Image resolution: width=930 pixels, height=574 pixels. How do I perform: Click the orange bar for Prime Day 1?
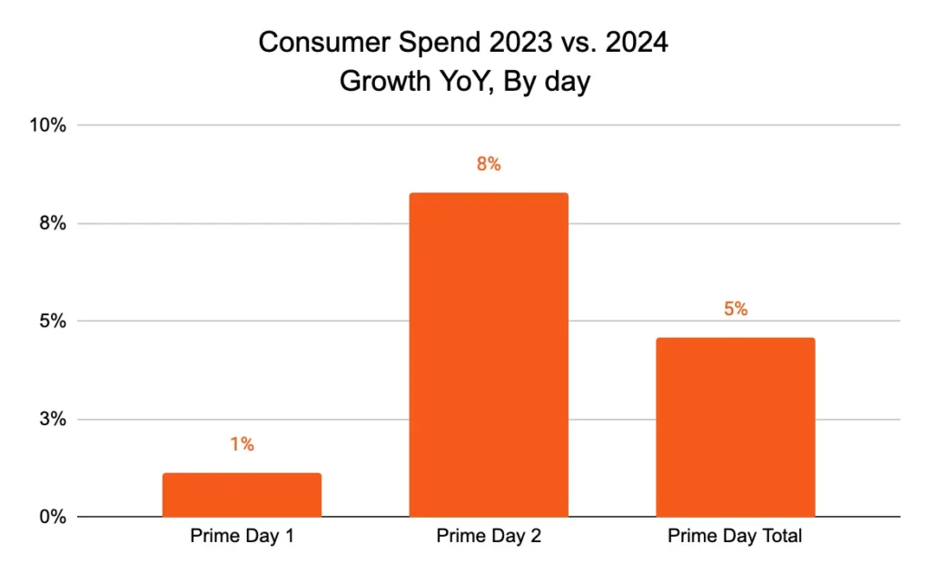click(242, 495)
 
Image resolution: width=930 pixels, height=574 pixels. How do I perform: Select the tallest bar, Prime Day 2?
click(489, 354)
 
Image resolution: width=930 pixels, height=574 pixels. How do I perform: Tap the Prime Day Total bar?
click(736, 427)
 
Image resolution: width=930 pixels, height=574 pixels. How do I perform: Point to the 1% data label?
click(242, 444)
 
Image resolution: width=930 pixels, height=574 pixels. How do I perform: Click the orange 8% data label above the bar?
click(489, 164)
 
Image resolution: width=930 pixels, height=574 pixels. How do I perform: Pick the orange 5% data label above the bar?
click(736, 309)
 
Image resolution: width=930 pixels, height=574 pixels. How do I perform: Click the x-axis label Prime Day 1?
click(242, 536)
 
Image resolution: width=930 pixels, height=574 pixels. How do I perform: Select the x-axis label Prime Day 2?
click(489, 536)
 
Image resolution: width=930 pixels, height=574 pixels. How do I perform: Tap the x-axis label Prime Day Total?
click(736, 536)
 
